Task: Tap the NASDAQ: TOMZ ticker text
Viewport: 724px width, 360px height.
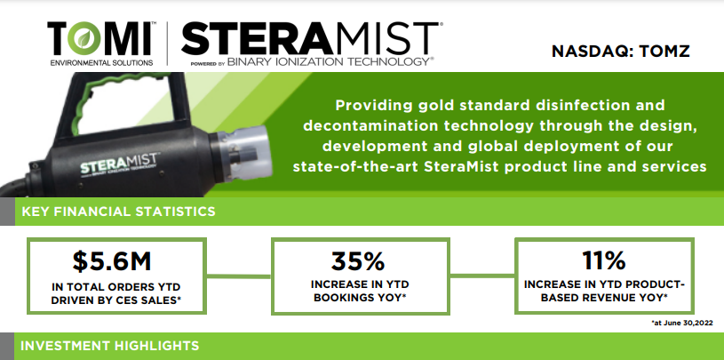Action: point(621,51)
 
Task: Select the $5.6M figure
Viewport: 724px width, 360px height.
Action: point(112,261)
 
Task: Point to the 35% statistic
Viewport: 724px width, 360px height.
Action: point(358,261)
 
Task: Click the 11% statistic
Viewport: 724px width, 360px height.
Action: point(603,261)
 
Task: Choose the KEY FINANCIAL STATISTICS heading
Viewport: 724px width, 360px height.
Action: point(119,212)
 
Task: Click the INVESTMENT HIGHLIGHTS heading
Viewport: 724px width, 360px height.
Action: point(110,345)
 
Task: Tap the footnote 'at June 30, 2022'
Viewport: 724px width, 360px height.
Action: point(682,323)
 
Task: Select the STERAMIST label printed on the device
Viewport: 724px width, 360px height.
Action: point(120,162)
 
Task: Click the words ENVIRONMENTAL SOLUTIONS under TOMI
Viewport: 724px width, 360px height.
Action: point(101,62)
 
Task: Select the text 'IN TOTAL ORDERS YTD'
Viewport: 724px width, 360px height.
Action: point(115,287)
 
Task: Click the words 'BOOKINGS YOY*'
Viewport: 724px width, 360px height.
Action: point(360,299)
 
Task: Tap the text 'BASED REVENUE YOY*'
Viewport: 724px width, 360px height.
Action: point(604,299)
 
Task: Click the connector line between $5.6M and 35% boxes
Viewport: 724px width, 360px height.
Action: point(238,276)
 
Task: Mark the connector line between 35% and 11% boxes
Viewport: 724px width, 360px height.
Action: point(482,276)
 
